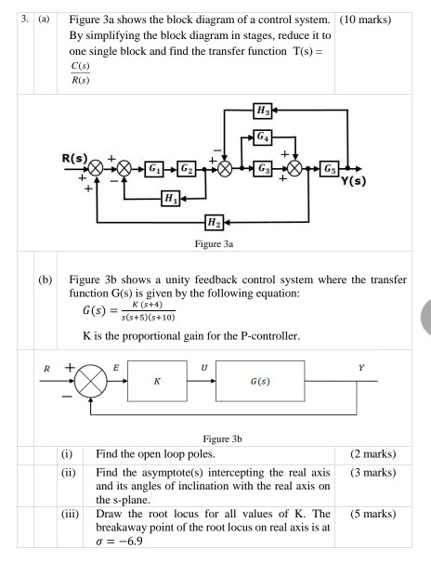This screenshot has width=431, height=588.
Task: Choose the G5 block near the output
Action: [x=331, y=168]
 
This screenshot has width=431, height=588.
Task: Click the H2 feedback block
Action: [x=215, y=223]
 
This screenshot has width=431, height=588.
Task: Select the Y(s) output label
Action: [x=358, y=182]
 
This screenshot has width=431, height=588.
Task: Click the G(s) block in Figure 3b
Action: [x=264, y=381]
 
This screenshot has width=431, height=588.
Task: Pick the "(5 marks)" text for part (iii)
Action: [x=373, y=514]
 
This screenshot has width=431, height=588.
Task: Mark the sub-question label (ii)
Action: [x=67, y=475]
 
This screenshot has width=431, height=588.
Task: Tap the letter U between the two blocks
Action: [x=203, y=368]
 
